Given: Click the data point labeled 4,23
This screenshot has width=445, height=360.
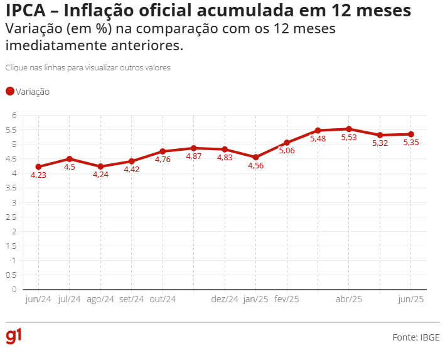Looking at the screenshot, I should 38,166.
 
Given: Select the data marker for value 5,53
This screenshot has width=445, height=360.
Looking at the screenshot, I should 349,129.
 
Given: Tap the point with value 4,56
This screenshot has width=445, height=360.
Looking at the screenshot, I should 255,157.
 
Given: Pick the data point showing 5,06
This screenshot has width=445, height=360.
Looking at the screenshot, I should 287,143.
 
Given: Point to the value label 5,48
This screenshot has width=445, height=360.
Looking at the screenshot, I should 318,139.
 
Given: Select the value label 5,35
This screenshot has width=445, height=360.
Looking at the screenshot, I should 411,142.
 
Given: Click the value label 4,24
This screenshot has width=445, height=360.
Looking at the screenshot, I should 100,175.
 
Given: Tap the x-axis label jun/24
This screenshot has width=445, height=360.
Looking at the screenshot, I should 38,299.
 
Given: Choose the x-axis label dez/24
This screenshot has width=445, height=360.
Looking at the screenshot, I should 225,299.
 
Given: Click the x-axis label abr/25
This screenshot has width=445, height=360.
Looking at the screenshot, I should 349,299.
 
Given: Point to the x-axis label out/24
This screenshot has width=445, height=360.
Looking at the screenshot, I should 163,299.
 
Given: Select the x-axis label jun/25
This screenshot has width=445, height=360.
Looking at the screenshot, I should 411,299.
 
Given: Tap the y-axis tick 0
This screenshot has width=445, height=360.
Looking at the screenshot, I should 13,290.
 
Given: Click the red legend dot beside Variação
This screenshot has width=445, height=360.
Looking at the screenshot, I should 9,92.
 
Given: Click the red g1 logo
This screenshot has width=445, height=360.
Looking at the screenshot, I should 13,336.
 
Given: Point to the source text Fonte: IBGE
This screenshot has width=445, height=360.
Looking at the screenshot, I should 416,337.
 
